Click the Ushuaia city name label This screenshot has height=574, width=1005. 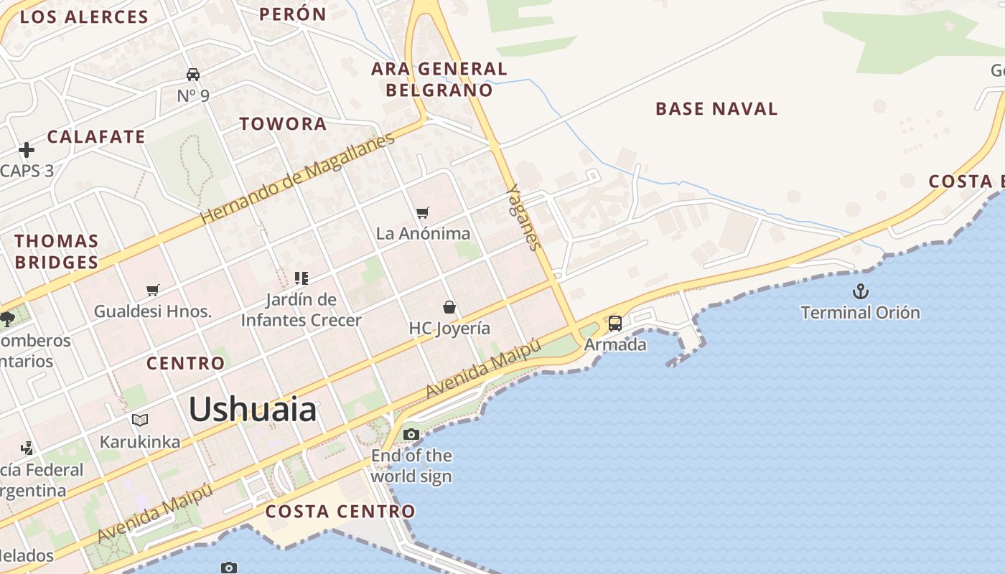pos(252,410)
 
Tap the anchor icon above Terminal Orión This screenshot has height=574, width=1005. pos(860,291)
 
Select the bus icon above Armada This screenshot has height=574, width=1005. pos(615,324)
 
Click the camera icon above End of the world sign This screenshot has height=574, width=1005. pos(411,434)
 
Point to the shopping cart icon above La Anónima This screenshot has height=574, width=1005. pos(423,212)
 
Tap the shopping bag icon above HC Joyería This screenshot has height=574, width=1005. pos(449,307)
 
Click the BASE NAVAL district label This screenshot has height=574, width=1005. pos(716,109)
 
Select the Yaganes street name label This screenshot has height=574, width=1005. pos(523,217)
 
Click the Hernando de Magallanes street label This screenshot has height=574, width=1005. pos(297,178)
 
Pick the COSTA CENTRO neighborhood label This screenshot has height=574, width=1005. pos(340,512)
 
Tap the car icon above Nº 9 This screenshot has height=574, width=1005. pos(193,74)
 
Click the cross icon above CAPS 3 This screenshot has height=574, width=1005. pos(27,150)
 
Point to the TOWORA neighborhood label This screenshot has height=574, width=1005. pos(283,123)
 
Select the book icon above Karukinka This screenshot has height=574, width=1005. pos(140,420)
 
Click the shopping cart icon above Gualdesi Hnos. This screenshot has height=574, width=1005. pos(153,290)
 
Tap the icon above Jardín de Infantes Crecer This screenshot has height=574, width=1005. pos(301,278)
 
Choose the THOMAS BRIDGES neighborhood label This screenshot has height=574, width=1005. pos(56,251)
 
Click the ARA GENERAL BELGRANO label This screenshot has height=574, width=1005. pos(439,79)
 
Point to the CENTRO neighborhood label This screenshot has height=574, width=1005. pos(185,363)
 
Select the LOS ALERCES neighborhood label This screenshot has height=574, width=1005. pos(84,17)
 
